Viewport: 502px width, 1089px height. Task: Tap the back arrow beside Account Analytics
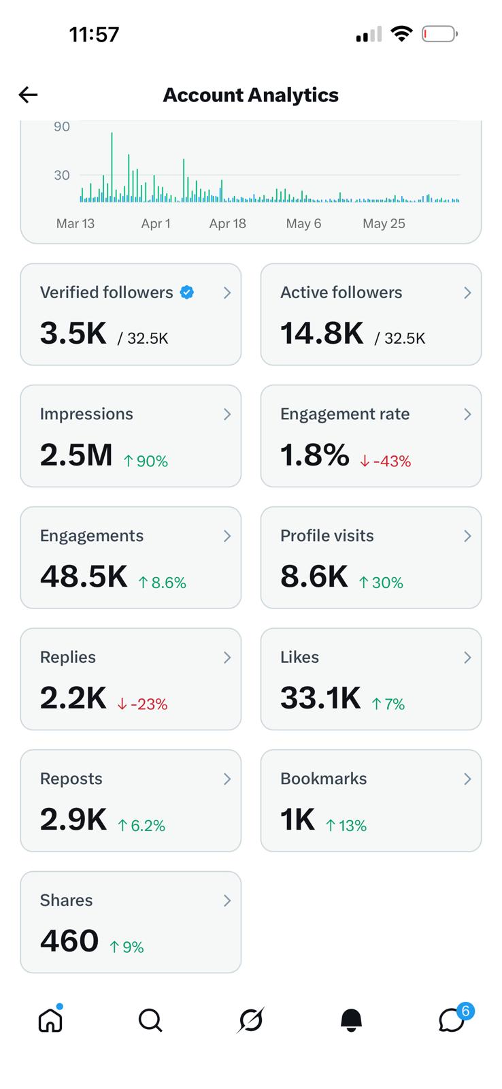[x=28, y=95]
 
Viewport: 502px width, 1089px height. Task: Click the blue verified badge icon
[x=187, y=292]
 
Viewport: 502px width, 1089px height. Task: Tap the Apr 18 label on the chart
[x=227, y=224]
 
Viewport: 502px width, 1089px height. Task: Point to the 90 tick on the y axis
[x=62, y=127]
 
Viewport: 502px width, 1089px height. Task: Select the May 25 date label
[x=384, y=224]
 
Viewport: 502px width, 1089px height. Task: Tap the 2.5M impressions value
[x=76, y=455]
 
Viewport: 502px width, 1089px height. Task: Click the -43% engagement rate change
[x=386, y=461]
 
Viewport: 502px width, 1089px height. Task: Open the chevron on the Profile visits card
[x=467, y=536]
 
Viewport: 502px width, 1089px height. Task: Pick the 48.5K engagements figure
[x=84, y=576]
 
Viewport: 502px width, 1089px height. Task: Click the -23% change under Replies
[x=142, y=704]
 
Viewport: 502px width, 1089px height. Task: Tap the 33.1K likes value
[x=321, y=698]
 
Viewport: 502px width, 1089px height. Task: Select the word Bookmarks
[x=324, y=779]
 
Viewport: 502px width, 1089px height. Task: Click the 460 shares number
[x=69, y=941]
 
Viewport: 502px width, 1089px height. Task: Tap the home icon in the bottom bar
[x=50, y=1020]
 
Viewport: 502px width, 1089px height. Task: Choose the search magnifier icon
[x=150, y=1020]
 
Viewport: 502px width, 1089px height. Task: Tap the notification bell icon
[x=351, y=1020]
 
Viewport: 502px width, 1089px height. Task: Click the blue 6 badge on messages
[x=465, y=1011]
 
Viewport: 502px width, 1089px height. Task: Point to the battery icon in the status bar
[x=440, y=34]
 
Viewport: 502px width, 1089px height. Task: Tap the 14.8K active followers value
[x=322, y=334]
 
